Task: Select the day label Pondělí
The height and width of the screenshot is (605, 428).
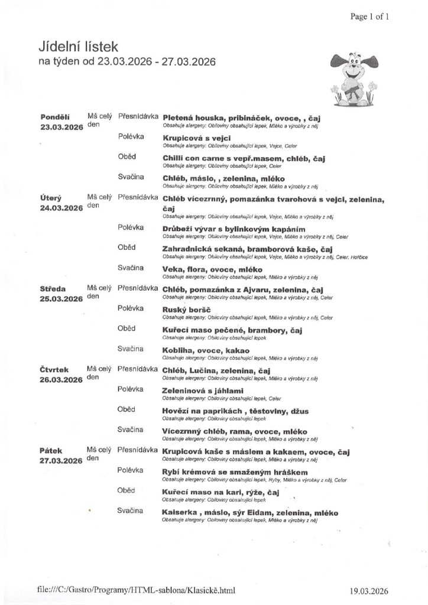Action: pos(55,117)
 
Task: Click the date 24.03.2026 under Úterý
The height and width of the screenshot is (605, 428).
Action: pos(61,207)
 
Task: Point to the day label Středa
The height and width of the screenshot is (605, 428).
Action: pos(53,289)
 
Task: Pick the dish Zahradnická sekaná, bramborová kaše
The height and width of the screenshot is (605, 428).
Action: pos(241,249)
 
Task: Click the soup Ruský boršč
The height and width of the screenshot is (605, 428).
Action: pos(186,310)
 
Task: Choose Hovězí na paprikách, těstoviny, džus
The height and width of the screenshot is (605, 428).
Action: pos(235,411)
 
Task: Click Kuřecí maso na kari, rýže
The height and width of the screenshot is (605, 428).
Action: pos(220,492)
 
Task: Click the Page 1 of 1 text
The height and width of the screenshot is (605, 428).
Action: pos(370,17)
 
